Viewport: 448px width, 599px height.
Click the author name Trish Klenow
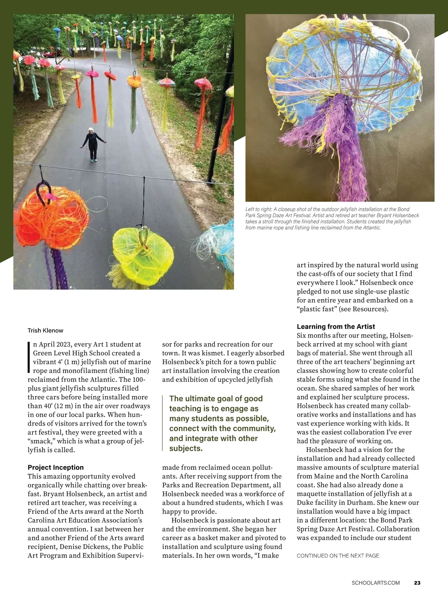click(x=45, y=330)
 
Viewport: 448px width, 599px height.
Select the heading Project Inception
click(x=56, y=467)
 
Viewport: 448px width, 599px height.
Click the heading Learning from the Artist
click(x=336, y=326)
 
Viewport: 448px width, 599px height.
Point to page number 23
click(x=417, y=583)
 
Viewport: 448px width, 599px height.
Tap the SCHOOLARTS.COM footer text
click(x=376, y=583)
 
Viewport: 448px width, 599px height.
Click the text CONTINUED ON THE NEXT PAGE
click(x=338, y=556)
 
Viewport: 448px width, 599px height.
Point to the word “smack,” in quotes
click(x=41, y=441)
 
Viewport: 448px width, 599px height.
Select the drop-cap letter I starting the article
click(x=29, y=357)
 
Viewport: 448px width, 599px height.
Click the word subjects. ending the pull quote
click(x=186, y=448)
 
